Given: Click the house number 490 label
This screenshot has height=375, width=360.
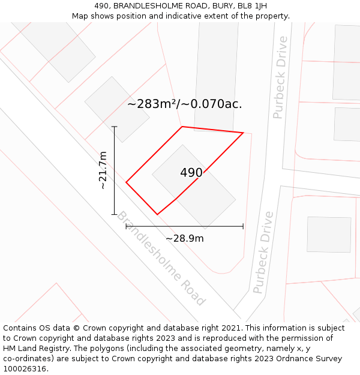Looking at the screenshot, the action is [x=191, y=173].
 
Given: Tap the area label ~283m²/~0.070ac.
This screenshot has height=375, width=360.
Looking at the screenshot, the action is [x=185, y=104].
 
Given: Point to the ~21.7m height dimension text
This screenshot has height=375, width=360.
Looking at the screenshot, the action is [x=103, y=170].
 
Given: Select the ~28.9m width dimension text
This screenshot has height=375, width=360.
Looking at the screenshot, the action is [x=184, y=238].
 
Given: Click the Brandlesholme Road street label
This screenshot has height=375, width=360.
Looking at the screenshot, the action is [x=161, y=259].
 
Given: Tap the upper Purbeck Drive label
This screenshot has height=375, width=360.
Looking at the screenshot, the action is [x=280, y=77].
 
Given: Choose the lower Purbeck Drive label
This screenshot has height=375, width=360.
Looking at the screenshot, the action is [x=263, y=252].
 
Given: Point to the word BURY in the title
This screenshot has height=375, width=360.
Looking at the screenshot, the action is [x=220, y=6].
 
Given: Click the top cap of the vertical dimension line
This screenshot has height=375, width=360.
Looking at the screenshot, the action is [x=114, y=127].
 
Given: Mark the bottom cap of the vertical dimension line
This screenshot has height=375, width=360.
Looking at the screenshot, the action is [x=114, y=214].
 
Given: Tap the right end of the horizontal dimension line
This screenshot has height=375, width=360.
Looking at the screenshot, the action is [x=243, y=226].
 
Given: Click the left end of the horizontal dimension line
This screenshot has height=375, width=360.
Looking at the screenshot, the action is [x=126, y=226].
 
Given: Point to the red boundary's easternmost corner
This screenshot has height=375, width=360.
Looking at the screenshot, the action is [x=243, y=133].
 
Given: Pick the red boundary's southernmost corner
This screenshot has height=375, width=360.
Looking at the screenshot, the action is [x=157, y=214].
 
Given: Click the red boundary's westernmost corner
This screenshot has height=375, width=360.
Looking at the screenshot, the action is [x=126, y=182].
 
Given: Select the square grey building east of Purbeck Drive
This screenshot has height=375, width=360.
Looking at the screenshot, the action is [x=329, y=235].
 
